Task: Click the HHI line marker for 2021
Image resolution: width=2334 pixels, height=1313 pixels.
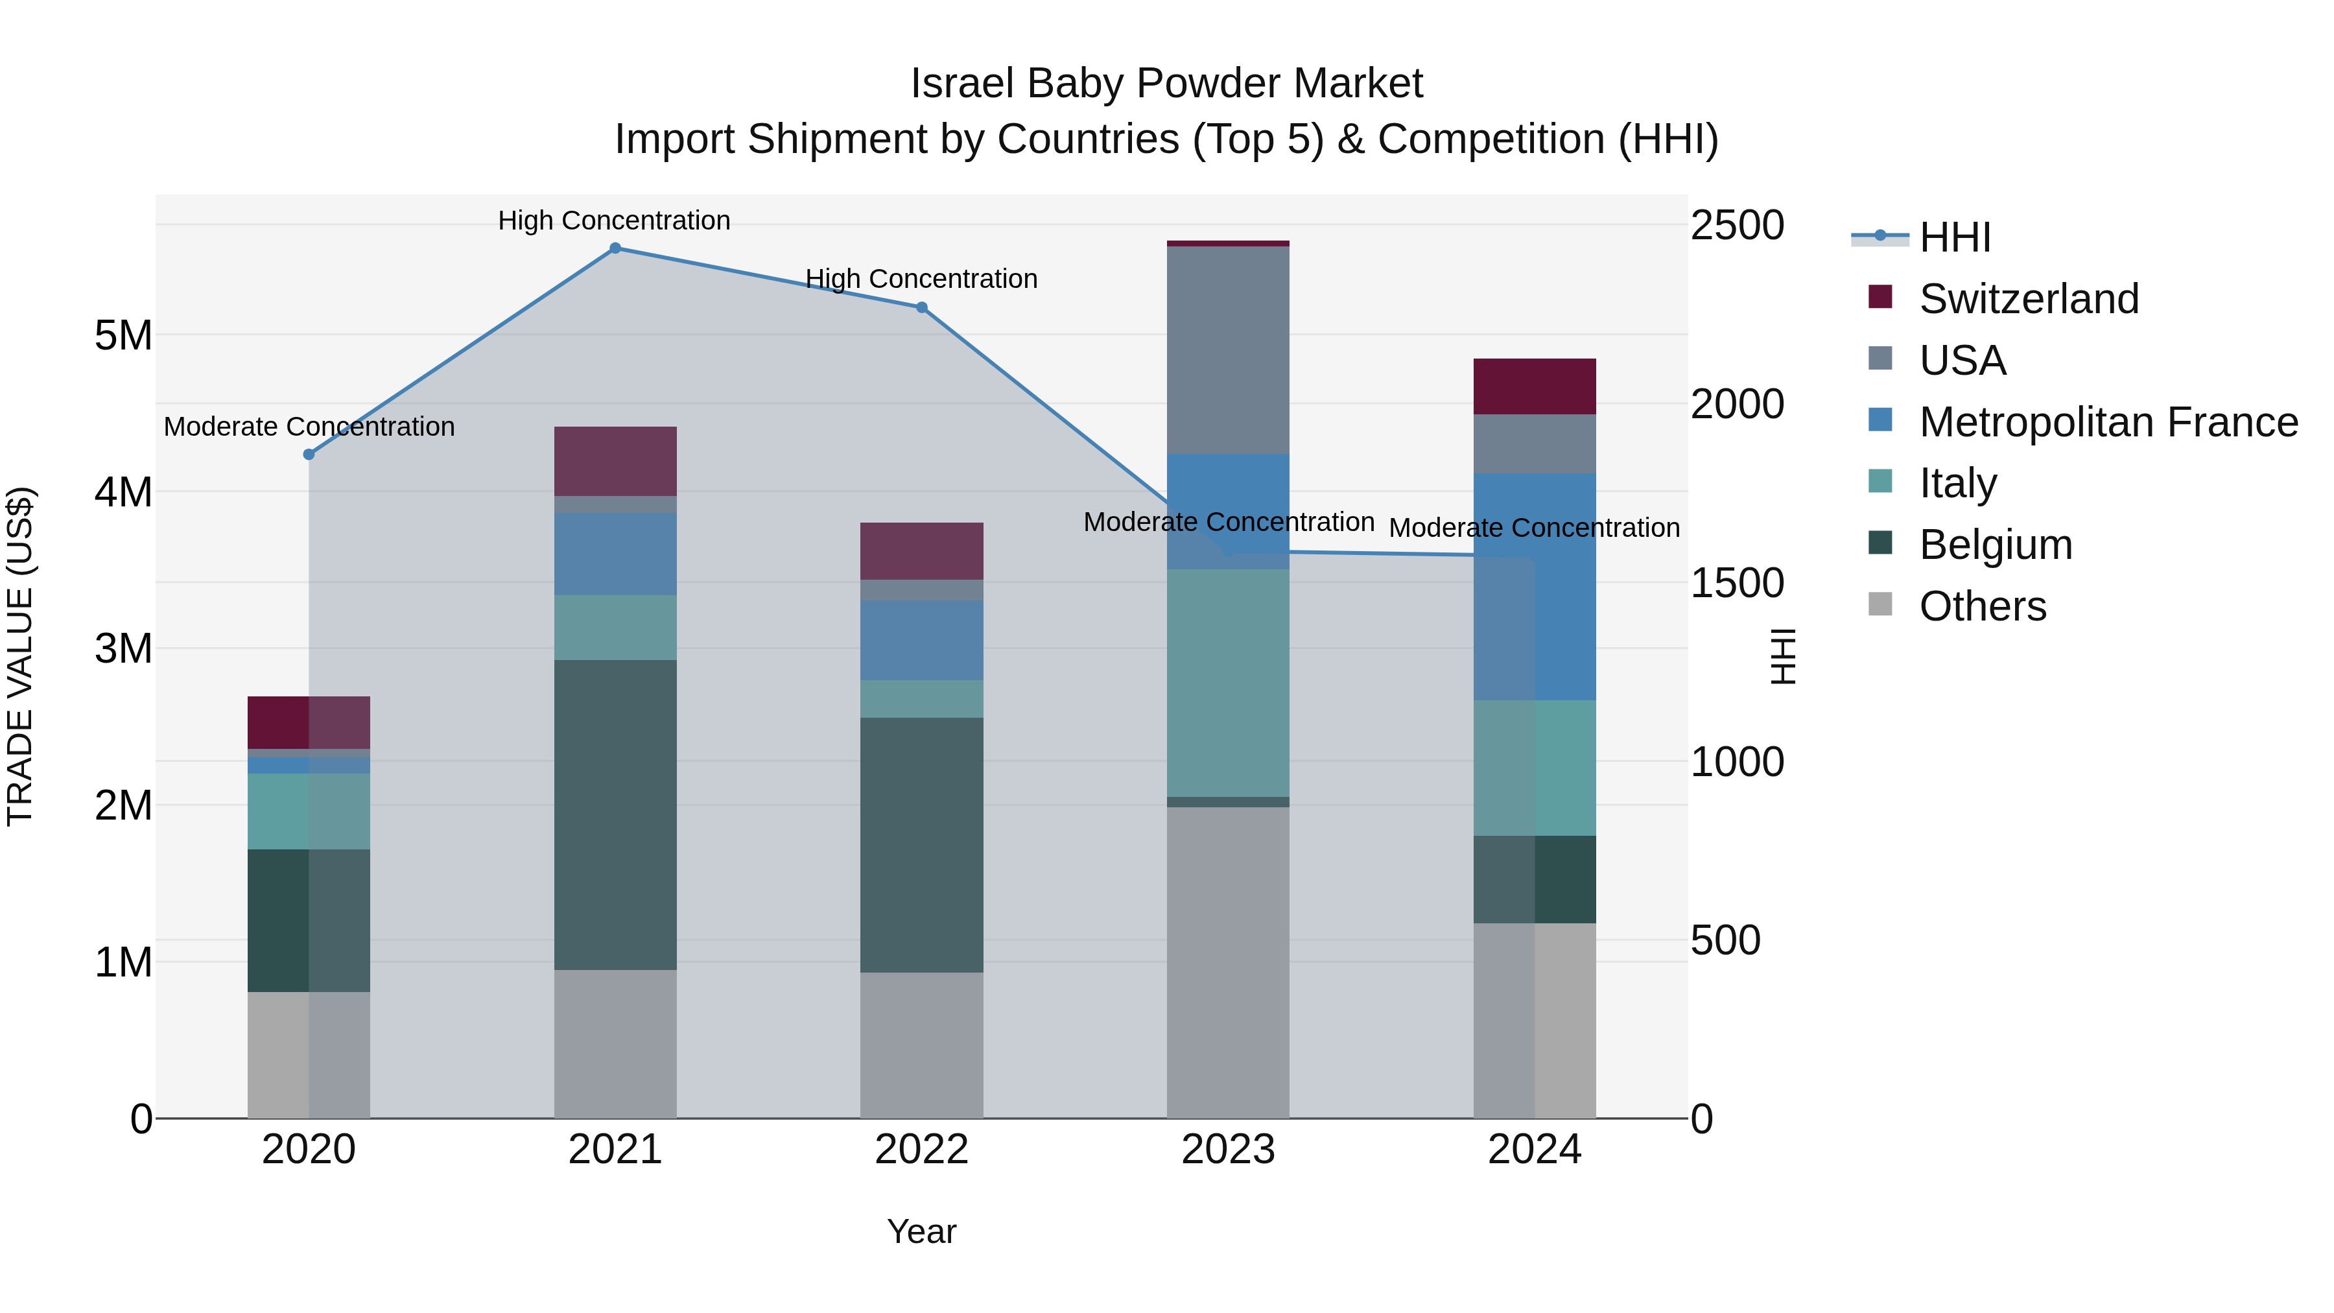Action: [615, 248]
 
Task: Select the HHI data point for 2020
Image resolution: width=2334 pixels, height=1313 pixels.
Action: [309, 454]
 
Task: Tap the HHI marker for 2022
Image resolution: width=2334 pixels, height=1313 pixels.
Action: [921, 307]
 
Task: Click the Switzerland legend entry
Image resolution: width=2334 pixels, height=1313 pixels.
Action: [2028, 299]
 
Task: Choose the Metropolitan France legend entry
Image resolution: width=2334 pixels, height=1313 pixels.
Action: [2108, 422]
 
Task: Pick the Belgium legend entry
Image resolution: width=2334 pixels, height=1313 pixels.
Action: [1994, 545]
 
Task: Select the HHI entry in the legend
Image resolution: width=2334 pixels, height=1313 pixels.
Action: [1954, 237]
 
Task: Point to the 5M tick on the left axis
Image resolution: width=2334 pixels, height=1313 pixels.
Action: [123, 336]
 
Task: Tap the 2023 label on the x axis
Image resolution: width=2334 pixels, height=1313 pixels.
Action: [1228, 1150]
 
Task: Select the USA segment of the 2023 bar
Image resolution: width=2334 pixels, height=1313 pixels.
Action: [1228, 349]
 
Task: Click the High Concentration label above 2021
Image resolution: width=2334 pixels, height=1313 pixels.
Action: [615, 221]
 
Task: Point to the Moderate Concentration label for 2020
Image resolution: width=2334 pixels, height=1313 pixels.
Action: [309, 427]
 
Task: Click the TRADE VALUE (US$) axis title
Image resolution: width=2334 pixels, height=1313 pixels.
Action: [21, 656]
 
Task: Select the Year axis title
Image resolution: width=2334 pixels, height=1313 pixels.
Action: [921, 1231]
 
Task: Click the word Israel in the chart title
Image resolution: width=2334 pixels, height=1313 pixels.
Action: [962, 84]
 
